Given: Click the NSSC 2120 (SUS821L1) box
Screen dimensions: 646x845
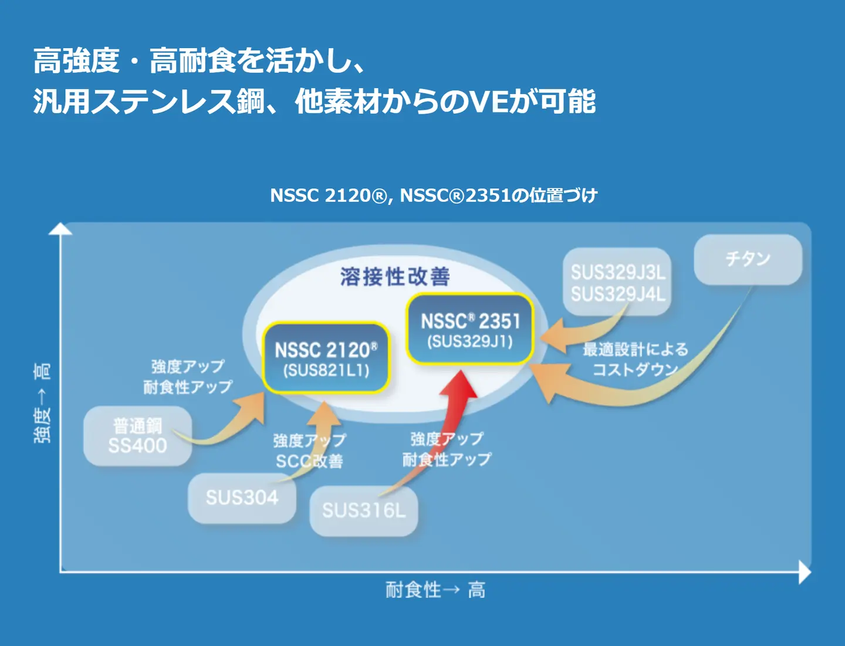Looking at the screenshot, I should point(326,358).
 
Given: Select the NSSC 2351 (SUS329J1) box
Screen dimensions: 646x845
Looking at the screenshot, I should point(470,329).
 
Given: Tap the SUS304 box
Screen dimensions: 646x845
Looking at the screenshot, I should point(242,498).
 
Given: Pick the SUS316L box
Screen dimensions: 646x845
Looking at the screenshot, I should point(364,510).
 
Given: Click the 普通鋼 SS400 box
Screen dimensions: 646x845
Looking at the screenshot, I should point(138,436).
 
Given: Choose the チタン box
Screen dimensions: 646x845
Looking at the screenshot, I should point(748,259).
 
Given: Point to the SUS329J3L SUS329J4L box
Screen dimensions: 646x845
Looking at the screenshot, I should point(617,282).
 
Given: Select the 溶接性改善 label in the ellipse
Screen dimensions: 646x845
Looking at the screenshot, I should point(395,276).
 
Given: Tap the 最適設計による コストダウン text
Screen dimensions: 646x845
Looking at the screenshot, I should point(636,359).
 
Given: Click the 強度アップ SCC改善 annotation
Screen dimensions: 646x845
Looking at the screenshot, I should point(309,451).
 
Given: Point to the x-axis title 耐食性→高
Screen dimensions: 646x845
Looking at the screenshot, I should point(435,590).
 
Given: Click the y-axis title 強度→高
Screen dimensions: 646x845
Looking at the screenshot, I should point(42,403).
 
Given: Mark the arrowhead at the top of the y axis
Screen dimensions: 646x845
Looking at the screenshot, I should point(60,229).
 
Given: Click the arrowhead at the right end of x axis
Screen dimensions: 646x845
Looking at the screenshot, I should point(805,571).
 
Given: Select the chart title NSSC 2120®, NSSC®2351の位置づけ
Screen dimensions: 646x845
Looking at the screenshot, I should point(434,195).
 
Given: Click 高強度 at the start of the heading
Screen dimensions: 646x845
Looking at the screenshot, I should point(76,60).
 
